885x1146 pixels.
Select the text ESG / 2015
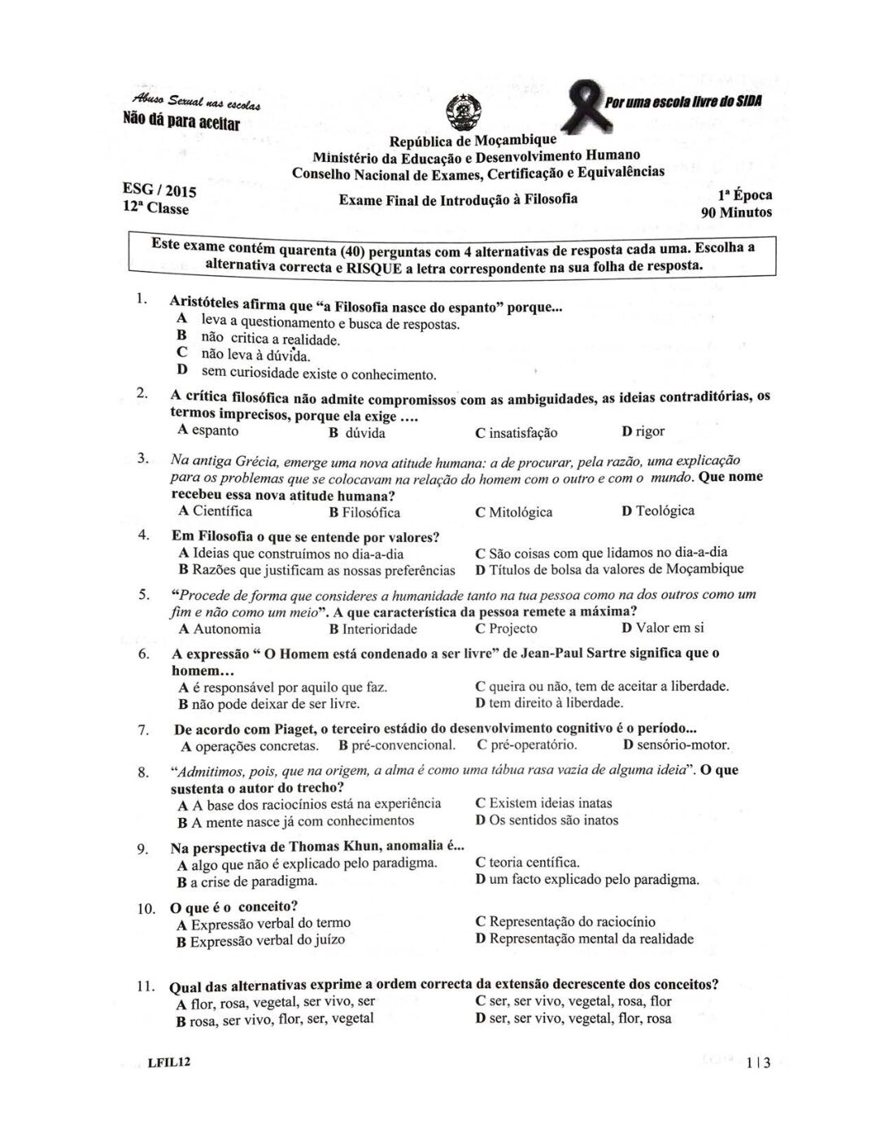click(159, 191)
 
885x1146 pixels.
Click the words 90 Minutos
click(736, 213)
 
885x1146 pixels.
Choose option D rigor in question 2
click(643, 431)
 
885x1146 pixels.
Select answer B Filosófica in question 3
click(364, 513)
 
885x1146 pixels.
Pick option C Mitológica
click(513, 512)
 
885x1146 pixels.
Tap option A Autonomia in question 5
click(220, 629)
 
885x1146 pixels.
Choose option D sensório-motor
click(676, 745)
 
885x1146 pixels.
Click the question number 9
click(142, 849)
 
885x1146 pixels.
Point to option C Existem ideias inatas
click(543, 803)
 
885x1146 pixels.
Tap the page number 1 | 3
click(761, 1063)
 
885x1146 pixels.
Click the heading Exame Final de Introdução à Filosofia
click(458, 199)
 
